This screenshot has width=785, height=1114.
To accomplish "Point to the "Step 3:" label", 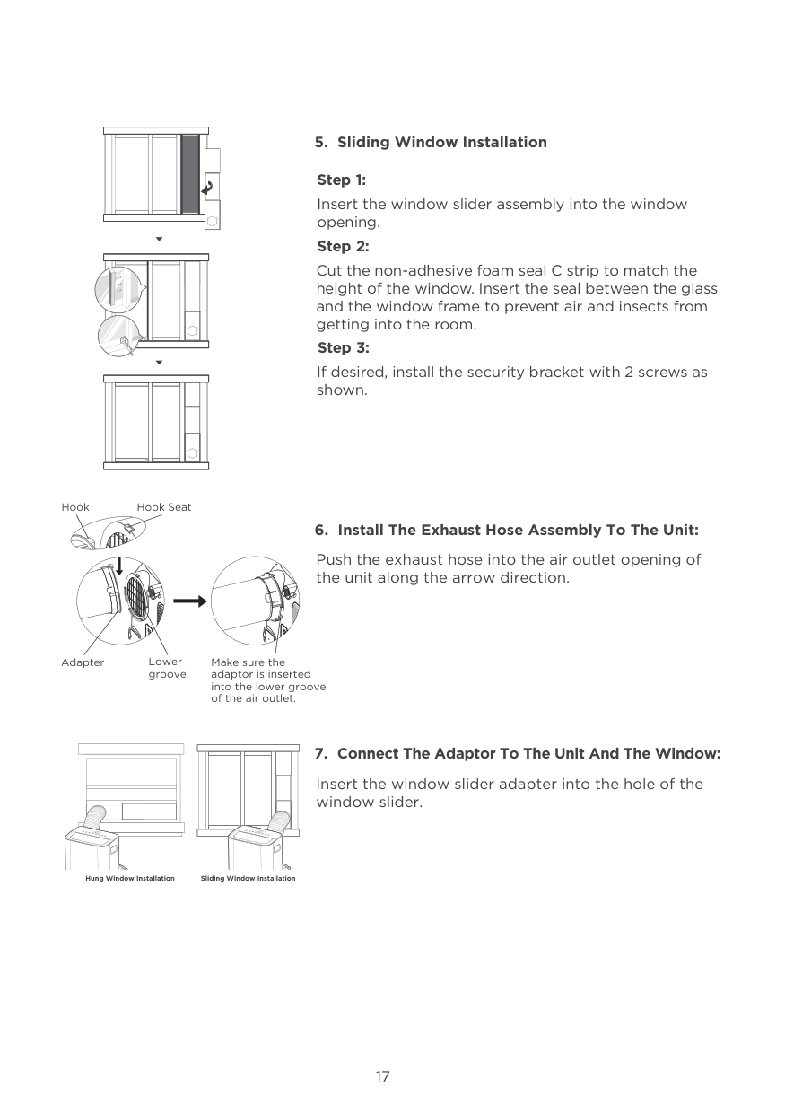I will pyautogui.click(x=343, y=348).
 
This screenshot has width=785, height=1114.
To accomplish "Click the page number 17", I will pyautogui.click(x=383, y=1076).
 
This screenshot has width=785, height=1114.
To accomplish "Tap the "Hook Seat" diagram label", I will pyautogui.click(x=164, y=507).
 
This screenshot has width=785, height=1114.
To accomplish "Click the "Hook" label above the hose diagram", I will pyautogui.click(x=75, y=507).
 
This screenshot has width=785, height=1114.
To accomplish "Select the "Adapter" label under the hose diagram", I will pyautogui.click(x=83, y=662).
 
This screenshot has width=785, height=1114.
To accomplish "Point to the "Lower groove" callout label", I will pyautogui.click(x=167, y=668).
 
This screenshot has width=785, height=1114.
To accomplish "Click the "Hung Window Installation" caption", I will pyautogui.click(x=130, y=878).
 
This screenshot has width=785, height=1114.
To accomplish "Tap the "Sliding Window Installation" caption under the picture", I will pyautogui.click(x=248, y=878).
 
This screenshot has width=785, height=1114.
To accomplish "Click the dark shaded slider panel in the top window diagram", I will pyautogui.click(x=190, y=174).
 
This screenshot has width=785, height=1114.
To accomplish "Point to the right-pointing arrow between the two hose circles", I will pyautogui.click(x=189, y=601).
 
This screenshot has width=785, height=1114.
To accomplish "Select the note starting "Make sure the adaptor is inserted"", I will pyautogui.click(x=267, y=680).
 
